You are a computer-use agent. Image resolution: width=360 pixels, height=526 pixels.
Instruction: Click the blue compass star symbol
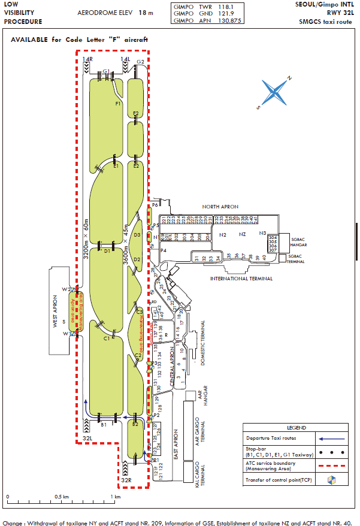point(275,92)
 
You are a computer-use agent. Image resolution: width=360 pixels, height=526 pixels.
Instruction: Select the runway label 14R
point(88,59)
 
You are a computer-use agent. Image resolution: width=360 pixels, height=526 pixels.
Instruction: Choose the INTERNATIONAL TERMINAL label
point(241,279)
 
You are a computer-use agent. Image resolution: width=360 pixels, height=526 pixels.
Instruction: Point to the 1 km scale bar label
point(116,497)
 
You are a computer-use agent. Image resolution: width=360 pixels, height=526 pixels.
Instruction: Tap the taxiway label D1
point(107,251)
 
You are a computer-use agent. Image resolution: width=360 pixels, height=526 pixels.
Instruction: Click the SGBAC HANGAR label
point(297,241)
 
